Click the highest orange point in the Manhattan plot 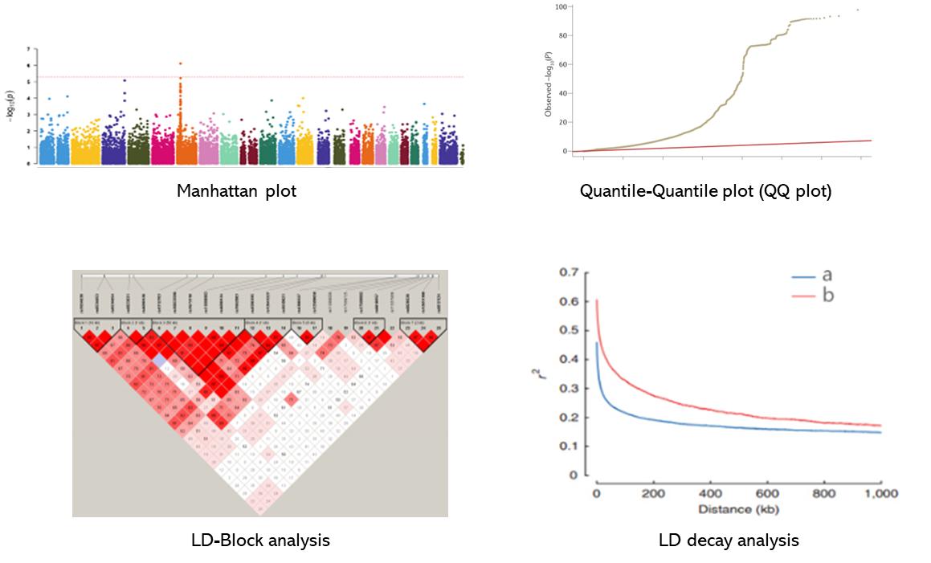(181, 63)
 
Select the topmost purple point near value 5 (125, 80)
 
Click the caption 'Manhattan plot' (237, 191)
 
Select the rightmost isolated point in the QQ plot (858, 10)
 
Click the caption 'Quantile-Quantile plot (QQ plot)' (705, 191)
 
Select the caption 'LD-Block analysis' (259, 540)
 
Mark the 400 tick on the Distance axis (710, 493)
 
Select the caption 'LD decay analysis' (728, 540)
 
